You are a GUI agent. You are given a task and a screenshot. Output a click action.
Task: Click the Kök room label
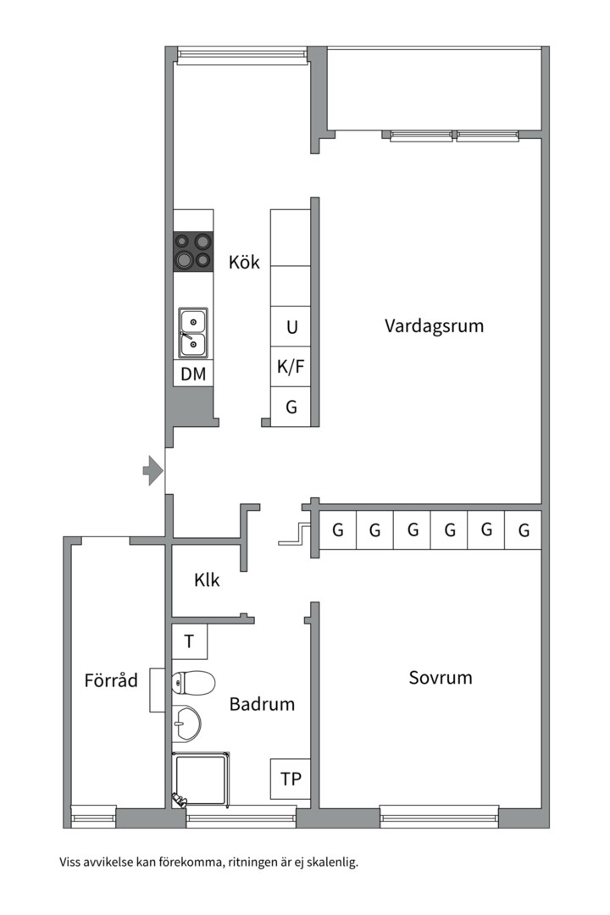(x=244, y=263)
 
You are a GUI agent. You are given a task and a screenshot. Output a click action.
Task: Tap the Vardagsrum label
(x=434, y=326)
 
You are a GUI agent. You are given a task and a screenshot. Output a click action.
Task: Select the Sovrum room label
(x=440, y=678)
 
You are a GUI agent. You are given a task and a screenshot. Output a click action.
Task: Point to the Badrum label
(x=262, y=704)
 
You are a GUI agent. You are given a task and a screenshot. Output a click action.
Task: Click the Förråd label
(x=111, y=680)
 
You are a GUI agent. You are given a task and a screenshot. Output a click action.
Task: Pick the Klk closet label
(x=207, y=580)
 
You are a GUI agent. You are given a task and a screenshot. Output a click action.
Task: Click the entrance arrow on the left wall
(x=152, y=470)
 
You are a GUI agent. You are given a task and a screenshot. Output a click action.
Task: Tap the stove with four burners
(x=192, y=251)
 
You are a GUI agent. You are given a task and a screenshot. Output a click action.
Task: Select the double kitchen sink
(x=193, y=332)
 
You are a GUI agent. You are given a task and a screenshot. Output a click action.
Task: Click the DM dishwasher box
(x=193, y=374)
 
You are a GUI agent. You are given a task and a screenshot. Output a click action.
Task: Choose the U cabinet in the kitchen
(x=291, y=327)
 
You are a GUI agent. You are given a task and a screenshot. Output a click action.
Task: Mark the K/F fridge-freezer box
(x=291, y=367)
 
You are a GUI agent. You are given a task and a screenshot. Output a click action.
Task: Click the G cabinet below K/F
(x=291, y=407)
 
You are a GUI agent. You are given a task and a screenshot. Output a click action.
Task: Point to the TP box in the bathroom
(x=290, y=779)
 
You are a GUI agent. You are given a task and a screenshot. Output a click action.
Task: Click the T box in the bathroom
(x=190, y=641)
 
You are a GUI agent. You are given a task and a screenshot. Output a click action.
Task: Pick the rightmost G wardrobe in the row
(x=524, y=530)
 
